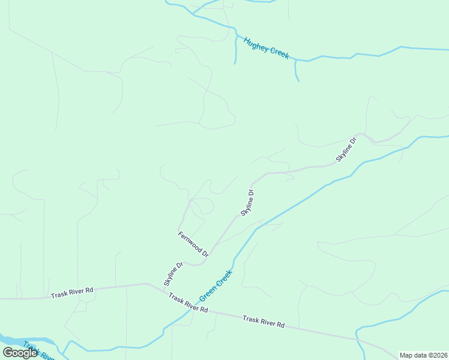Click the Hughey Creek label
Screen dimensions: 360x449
[x=266, y=48]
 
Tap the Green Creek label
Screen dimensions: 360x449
[x=215, y=285]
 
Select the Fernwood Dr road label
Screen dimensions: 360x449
[x=193, y=244]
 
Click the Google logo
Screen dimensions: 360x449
[x=20, y=353]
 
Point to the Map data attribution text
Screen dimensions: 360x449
[x=423, y=355]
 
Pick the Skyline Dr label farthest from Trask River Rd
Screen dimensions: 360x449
[x=346, y=149]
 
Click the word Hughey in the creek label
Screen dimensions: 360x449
[x=256, y=44]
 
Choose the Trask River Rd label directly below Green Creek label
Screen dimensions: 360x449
[x=188, y=303]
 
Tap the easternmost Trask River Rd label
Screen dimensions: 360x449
[x=264, y=322]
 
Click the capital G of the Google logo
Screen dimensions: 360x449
[x=8, y=353]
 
